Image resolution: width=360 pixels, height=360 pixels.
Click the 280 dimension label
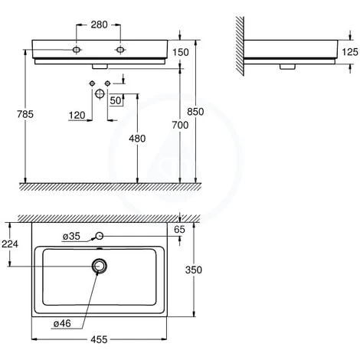(99, 25)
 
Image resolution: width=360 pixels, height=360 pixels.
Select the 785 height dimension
(25, 114)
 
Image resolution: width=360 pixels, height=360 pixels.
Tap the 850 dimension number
(195, 112)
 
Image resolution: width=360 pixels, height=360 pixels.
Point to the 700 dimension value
(180, 125)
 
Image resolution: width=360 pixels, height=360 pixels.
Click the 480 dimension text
(137, 139)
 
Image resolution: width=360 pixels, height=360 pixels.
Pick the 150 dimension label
(181, 52)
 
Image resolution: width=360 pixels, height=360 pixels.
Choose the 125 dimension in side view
(350, 52)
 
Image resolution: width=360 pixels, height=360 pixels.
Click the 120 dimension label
(77, 116)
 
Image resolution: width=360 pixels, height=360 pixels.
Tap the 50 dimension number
(116, 100)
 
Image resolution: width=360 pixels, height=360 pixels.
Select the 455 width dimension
(99, 339)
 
